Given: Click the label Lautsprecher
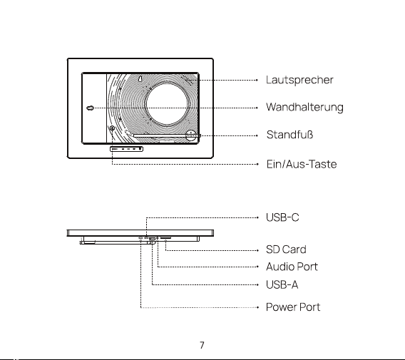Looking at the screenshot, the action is (x=299, y=80).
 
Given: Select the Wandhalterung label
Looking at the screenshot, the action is (x=304, y=108).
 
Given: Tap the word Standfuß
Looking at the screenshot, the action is (x=289, y=135).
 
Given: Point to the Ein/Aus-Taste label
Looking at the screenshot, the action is (x=302, y=164).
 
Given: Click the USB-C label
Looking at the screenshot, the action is (x=282, y=217).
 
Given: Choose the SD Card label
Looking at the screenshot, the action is (x=286, y=250).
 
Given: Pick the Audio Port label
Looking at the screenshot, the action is (x=292, y=267).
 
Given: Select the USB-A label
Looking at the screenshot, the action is (x=282, y=285).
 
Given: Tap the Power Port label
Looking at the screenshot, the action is (x=293, y=307).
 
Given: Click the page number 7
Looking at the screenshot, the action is (x=202, y=345).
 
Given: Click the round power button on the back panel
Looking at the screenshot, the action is (x=112, y=128).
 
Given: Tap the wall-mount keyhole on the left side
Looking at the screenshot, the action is (x=90, y=108).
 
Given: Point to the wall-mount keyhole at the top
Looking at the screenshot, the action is (x=140, y=78).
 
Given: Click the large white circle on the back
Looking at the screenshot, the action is (x=167, y=104).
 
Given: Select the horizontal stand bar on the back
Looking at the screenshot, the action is (x=167, y=135).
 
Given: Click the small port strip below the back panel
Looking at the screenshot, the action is (x=127, y=149).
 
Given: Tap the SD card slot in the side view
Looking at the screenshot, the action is (x=165, y=237).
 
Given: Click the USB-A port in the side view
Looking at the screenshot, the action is (x=152, y=239).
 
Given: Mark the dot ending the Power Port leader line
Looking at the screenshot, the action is (x=257, y=307).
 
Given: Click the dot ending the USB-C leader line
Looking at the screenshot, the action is (x=257, y=217).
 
